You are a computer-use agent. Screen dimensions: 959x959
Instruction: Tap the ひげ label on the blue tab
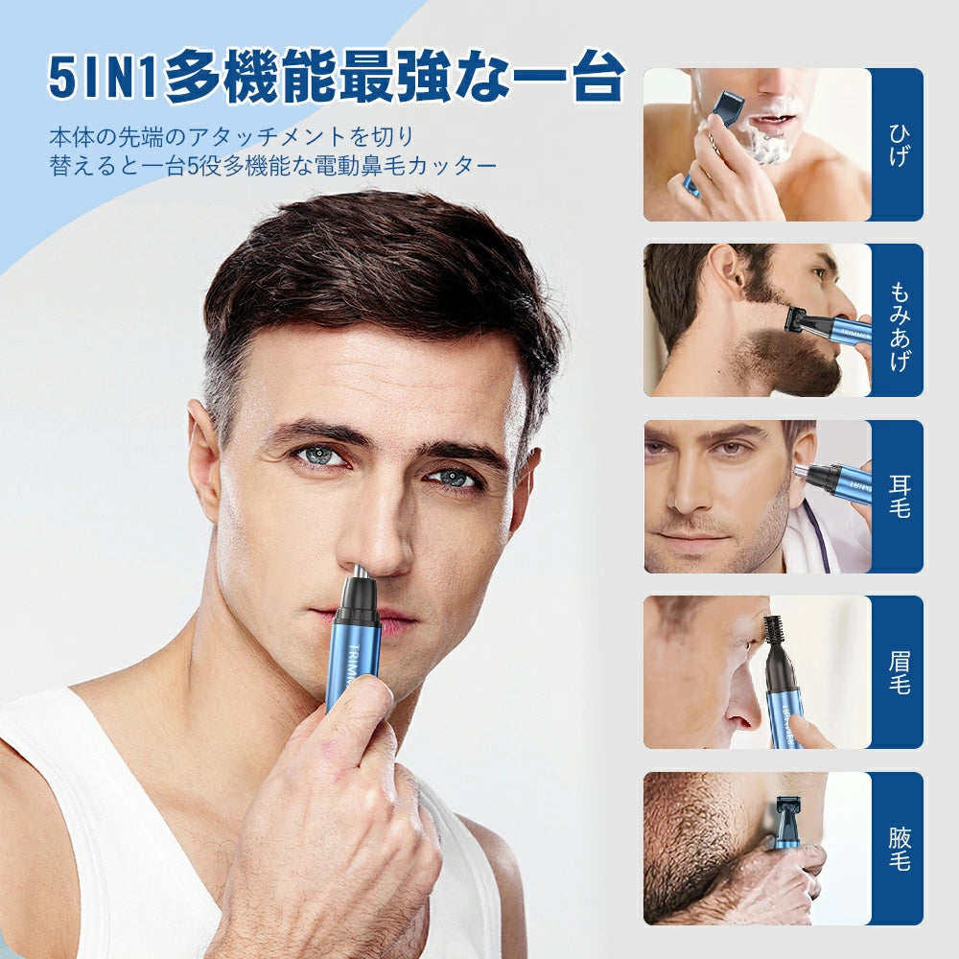pos(898,145)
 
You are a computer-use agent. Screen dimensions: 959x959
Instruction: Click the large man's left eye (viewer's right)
pos(452,477)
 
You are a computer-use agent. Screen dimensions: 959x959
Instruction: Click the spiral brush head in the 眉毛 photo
pos(774,633)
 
